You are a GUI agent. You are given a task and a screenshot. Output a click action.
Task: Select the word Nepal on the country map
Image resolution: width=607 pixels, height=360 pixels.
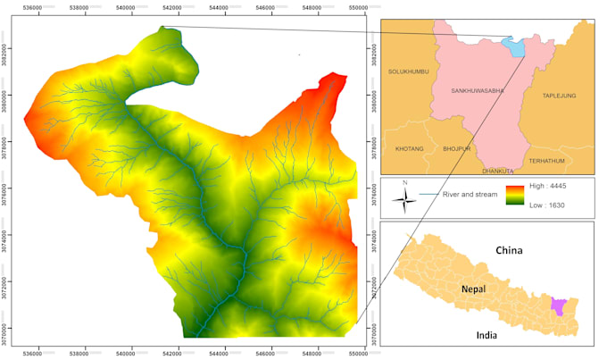pyautogui.click(x=474, y=289)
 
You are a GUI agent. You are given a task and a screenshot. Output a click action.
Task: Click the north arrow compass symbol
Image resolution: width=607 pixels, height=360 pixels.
pyautogui.click(x=405, y=198)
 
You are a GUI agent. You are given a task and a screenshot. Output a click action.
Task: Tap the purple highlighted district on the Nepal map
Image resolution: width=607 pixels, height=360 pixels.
pyautogui.click(x=559, y=306)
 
